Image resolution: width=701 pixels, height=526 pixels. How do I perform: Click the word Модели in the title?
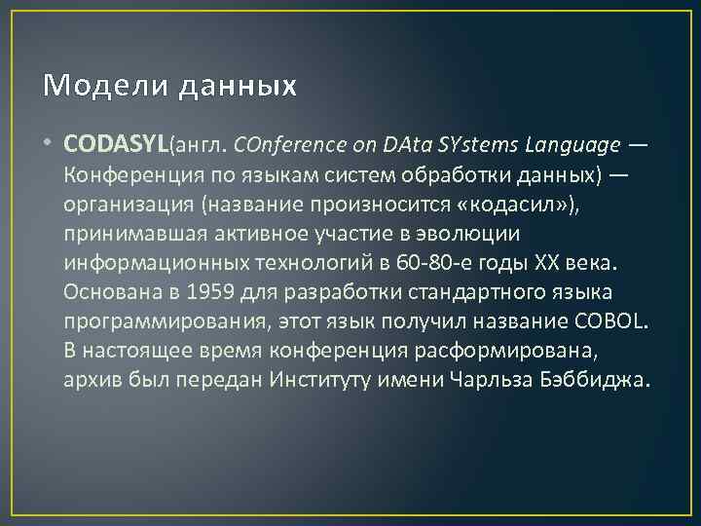point(89,87)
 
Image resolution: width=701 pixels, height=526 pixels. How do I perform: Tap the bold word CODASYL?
point(116,145)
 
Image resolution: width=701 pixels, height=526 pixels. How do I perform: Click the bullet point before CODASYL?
point(49,146)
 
